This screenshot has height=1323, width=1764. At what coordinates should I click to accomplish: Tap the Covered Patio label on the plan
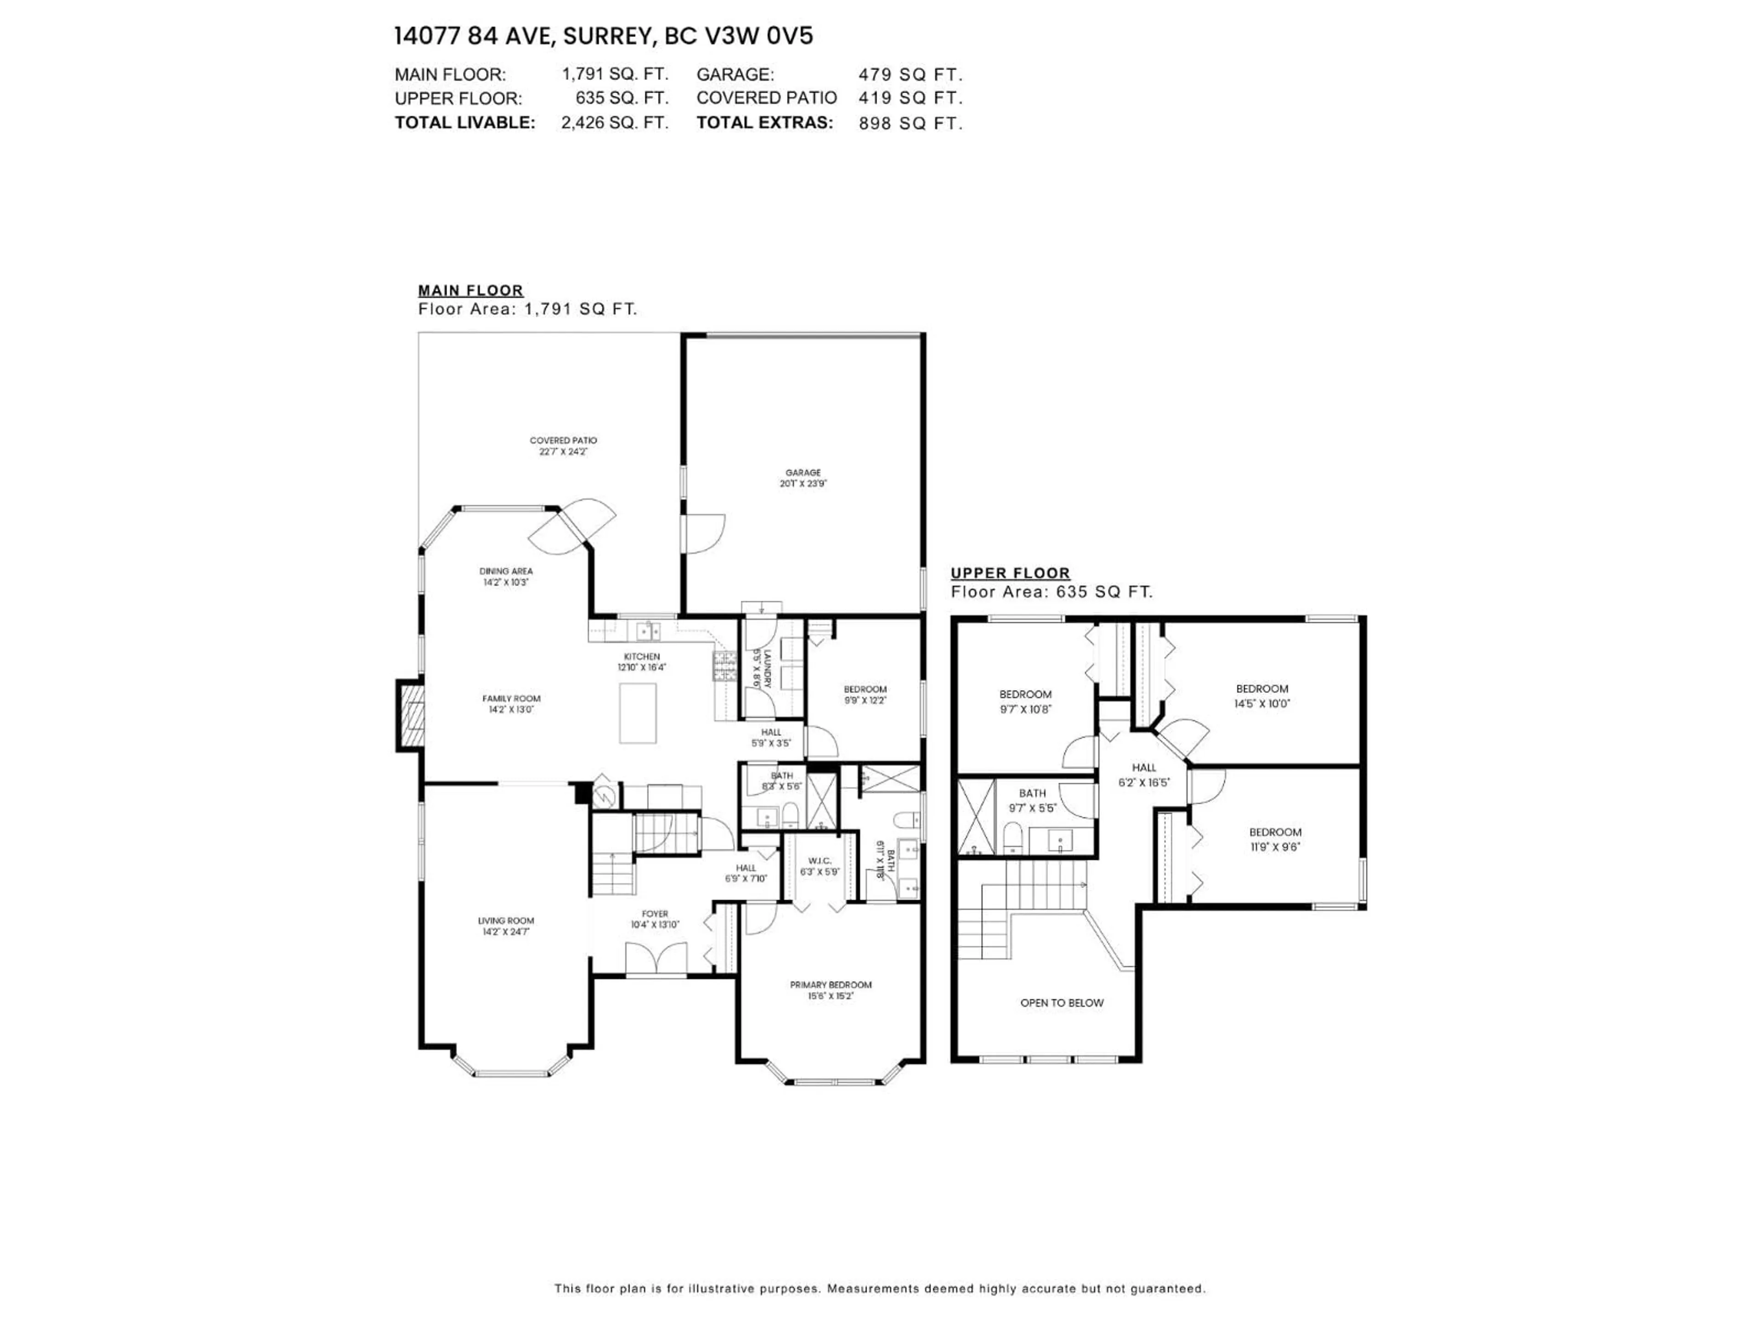(x=563, y=440)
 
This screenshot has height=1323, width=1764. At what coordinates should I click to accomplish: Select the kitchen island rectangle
(x=638, y=713)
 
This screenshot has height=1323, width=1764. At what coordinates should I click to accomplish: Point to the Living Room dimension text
(x=506, y=932)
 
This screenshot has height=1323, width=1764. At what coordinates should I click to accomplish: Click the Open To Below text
(x=1062, y=1002)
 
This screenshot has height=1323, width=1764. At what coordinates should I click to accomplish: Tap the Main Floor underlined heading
(x=470, y=290)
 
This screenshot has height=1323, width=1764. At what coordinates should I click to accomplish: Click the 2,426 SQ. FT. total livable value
(x=614, y=123)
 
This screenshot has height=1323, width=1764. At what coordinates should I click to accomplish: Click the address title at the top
(x=604, y=37)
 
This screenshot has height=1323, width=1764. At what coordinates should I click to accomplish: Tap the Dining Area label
(x=506, y=571)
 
